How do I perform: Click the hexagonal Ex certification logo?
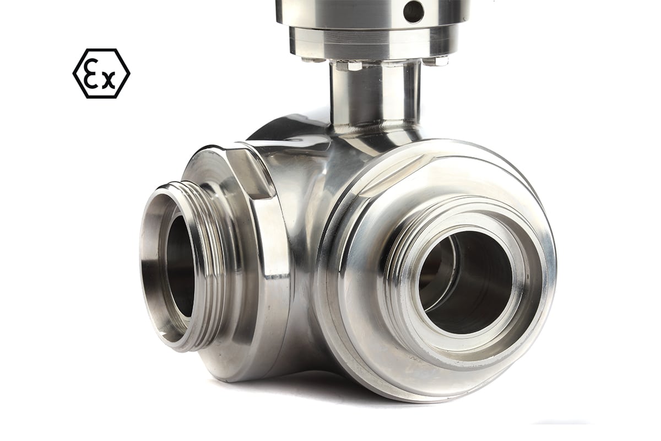click(x=101, y=73)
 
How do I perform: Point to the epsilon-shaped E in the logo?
click(x=93, y=73)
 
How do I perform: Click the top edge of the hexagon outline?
click(x=101, y=49)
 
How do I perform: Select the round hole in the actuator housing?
click(x=414, y=12)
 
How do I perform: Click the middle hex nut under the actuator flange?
click(x=353, y=66)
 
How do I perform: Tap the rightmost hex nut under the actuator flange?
click(x=438, y=61)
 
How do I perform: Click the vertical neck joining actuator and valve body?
click(x=374, y=94)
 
